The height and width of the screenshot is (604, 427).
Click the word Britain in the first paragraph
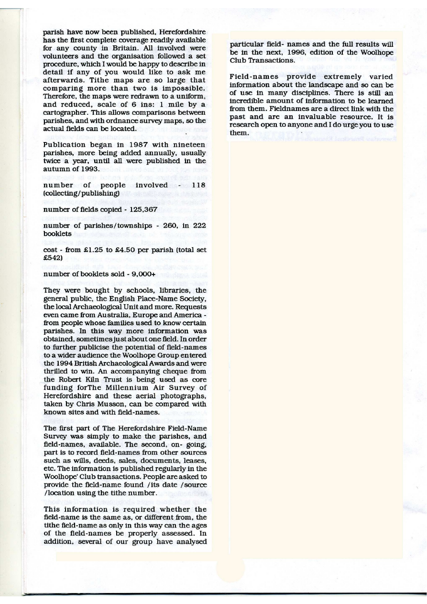114,48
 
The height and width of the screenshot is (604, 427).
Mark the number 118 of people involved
198,185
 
